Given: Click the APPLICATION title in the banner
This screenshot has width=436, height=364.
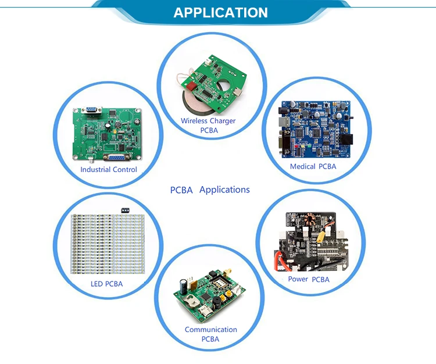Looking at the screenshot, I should tap(220, 12).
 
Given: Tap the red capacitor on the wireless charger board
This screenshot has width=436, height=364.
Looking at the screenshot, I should tap(191, 85).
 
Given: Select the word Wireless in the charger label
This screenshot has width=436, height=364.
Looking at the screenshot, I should tap(195, 121).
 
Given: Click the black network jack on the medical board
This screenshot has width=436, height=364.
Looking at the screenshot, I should tap(347, 139).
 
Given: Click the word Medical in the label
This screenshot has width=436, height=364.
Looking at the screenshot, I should tap(302, 166).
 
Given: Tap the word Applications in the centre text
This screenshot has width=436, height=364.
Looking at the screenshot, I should tap(224, 190).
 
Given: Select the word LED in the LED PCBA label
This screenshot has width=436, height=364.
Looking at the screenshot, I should tap(97, 284).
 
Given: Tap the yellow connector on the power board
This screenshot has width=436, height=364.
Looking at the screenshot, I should tap(320, 237).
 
